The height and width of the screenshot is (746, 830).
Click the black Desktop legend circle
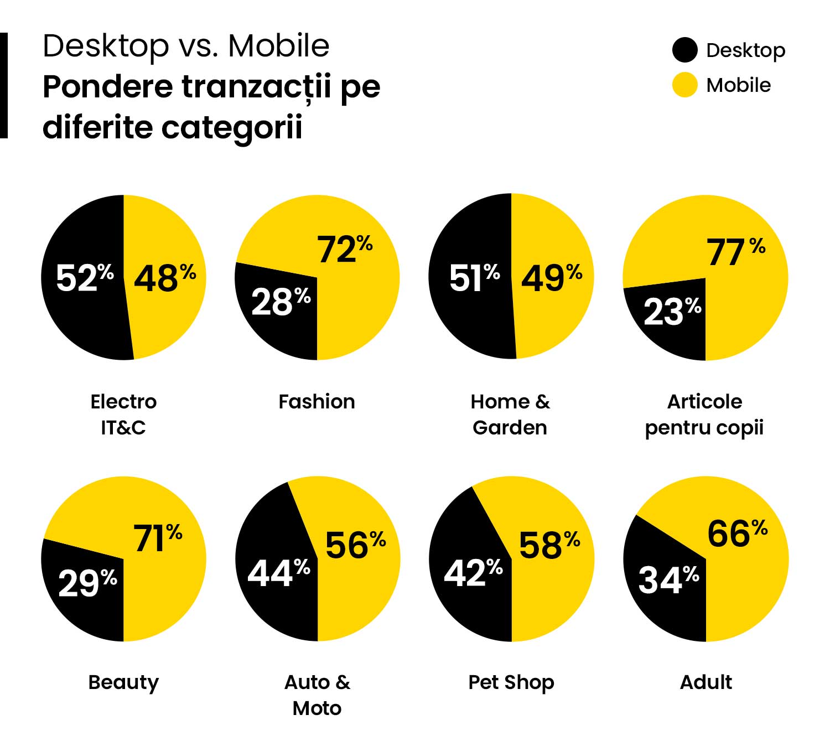(x=684, y=50)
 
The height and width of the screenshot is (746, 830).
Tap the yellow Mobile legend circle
(x=684, y=85)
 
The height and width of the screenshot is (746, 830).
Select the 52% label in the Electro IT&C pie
(x=84, y=277)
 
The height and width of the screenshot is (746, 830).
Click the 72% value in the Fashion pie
(x=344, y=248)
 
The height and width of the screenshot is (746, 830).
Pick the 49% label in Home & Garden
(x=551, y=277)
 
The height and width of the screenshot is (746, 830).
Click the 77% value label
(x=735, y=252)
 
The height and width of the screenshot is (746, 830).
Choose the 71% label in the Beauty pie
(x=158, y=538)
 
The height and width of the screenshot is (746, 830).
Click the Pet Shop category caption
(x=511, y=682)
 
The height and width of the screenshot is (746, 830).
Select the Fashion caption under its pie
(x=317, y=401)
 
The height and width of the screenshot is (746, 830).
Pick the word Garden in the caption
(x=510, y=428)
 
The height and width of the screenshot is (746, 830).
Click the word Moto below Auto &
(x=317, y=708)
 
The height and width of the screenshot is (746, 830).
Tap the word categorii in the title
(x=232, y=127)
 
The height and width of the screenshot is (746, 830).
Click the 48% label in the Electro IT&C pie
(x=164, y=277)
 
